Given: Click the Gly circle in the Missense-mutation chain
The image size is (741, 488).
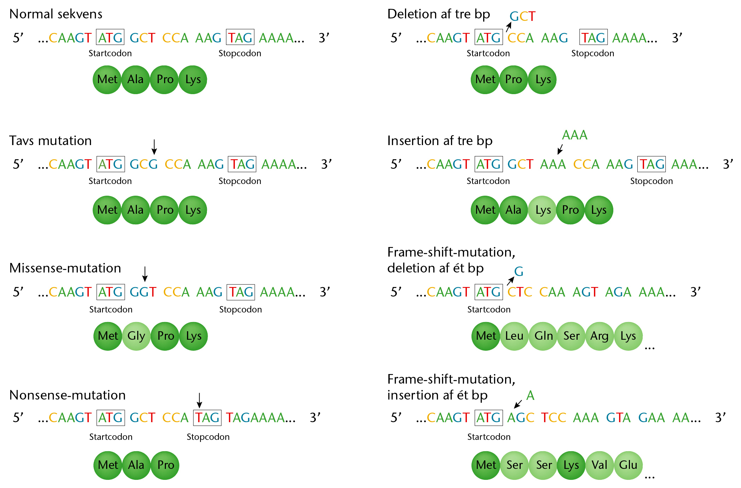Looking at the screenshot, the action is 136,336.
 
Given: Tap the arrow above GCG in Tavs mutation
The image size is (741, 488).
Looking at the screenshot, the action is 154,147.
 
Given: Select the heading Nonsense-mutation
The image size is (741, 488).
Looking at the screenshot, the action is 68,395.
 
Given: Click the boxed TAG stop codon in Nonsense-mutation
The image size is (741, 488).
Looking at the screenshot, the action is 207,418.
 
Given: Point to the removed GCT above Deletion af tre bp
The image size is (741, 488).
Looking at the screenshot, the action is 522,16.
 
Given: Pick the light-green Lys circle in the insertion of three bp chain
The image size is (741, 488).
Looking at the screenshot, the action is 542,210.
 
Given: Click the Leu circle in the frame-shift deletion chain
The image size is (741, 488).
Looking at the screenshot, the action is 514,336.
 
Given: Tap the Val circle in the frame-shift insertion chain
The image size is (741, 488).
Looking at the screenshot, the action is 600,465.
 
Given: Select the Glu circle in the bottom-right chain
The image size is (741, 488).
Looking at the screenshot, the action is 628,465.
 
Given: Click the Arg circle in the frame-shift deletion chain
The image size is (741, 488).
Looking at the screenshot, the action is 600,336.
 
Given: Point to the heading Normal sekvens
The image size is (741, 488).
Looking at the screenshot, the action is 56,14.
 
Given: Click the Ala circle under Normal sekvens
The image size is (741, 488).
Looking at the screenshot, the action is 135,80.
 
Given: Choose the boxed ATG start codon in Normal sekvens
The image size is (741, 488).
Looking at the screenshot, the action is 110,37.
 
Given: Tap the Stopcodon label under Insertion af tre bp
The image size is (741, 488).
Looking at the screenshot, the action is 651,181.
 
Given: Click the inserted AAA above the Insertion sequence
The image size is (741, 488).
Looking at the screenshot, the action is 575,135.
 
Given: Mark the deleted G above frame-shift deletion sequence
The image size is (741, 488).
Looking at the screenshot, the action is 519,271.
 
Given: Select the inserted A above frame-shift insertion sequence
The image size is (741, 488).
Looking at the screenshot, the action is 530,395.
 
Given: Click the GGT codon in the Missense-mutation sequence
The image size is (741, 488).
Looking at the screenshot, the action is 143,292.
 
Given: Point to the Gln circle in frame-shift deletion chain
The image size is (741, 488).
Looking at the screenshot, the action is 543,336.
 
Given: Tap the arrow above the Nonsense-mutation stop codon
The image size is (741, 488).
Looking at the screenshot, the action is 199,400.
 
